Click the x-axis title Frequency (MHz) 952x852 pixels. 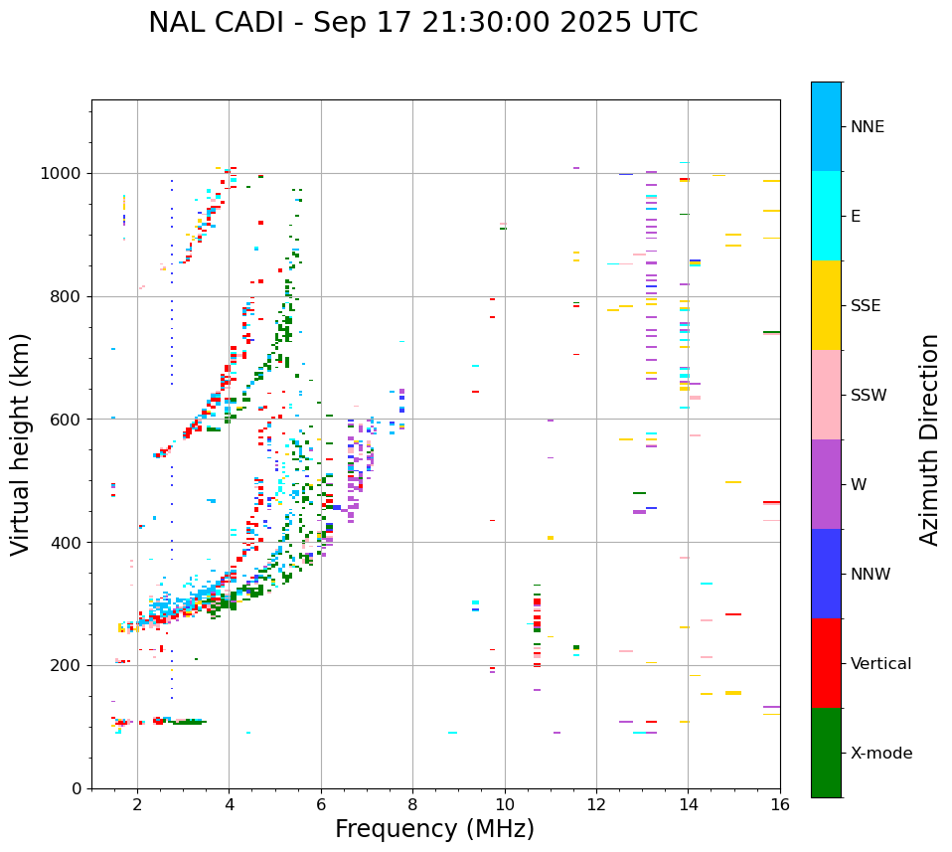click(434, 829)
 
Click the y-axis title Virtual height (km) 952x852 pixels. click(21, 443)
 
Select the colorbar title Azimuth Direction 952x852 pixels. click(929, 439)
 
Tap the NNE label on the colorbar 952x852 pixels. click(867, 127)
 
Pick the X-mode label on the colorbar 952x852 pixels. click(880, 754)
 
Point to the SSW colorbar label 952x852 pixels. click(869, 396)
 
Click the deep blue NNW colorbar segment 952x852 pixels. click(826, 574)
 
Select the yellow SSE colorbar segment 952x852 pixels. click(826, 305)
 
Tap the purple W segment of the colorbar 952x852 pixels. click(826, 484)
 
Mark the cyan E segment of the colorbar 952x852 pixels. click(826, 216)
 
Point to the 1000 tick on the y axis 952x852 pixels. click(65, 174)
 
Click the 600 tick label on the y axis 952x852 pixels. click(69, 420)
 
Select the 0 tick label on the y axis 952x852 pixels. click(78, 788)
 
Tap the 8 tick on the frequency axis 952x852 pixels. click(412, 804)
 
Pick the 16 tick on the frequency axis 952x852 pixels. click(780, 804)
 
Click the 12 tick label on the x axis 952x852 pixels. click(596, 804)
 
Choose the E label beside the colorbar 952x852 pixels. click(856, 217)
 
